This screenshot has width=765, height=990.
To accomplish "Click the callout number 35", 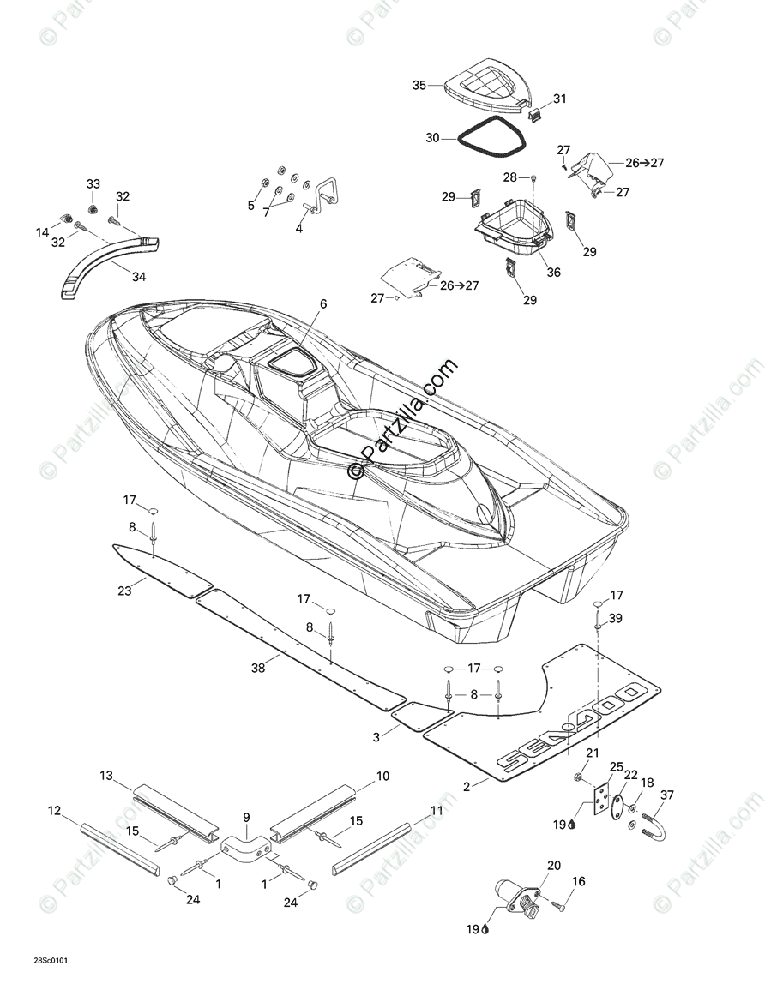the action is pyautogui.click(x=419, y=85).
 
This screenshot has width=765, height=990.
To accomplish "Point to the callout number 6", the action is pyautogui.click(x=323, y=303).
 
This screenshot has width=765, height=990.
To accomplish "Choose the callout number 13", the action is pyautogui.click(x=106, y=776).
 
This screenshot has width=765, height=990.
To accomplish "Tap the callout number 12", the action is pyautogui.click(x=54, y=810).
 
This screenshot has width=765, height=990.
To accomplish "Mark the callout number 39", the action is pyautogui.click(x=616, y=619).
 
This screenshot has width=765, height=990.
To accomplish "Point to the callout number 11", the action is pyautogui.click(x=437, y=809).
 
